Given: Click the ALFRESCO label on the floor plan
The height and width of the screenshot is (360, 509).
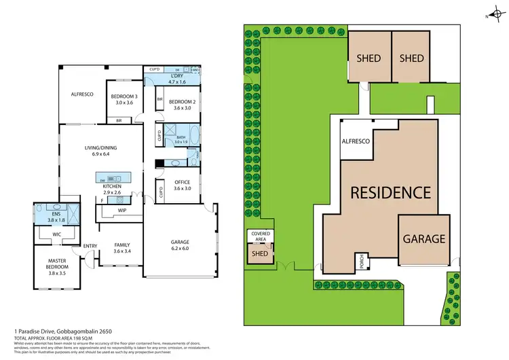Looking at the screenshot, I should pos(81,94).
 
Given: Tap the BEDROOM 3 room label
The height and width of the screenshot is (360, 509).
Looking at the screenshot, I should pos(126,96).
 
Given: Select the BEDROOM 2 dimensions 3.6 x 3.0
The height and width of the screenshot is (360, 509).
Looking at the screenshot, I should pos(182,107).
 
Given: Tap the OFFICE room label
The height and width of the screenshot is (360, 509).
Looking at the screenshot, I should pos(182,182).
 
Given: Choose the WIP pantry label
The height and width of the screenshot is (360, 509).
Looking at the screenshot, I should pos(123,210).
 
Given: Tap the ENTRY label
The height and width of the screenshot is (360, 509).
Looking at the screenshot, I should pos(90,246).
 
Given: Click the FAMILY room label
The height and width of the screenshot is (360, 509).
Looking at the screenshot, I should pos(122,245).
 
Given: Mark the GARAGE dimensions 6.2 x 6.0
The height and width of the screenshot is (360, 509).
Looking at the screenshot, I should pos(179,249).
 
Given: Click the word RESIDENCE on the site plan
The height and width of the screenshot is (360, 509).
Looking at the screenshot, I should pos(390,192).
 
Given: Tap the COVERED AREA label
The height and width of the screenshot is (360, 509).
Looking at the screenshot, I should pos(261,236).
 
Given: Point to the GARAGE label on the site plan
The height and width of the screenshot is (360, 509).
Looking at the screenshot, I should pos(424,238).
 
